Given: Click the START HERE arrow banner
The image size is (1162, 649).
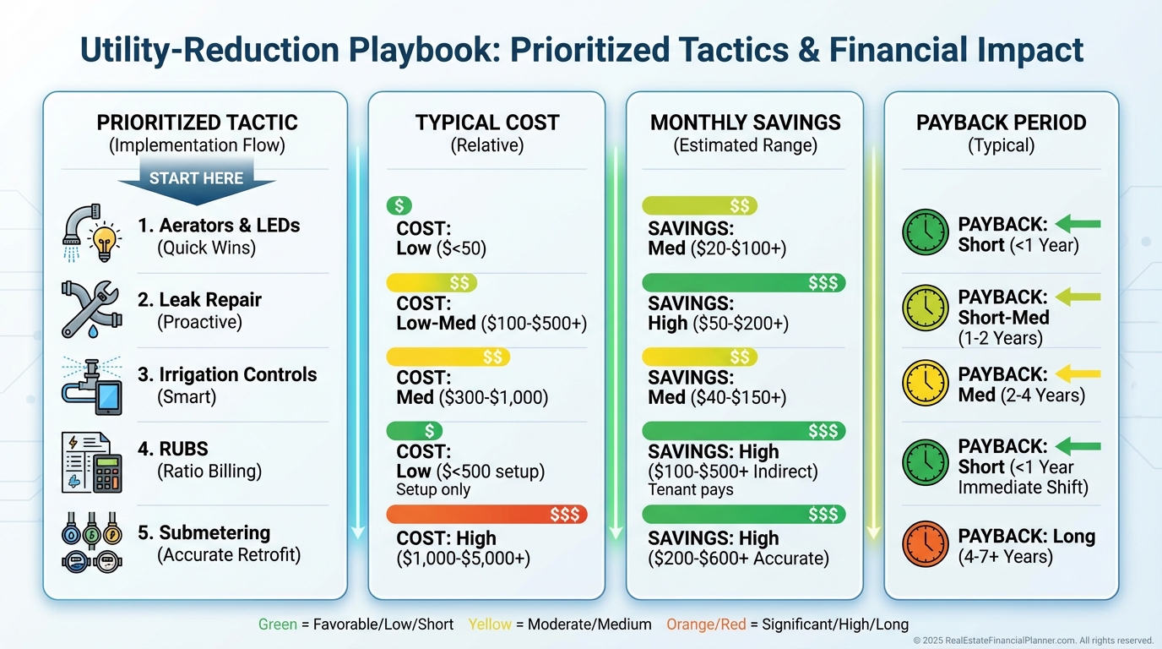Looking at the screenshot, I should (x=196, y=180).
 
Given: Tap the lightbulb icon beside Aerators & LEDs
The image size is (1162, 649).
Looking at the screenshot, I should (x=105, y=242).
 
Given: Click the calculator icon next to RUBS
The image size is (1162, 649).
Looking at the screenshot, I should (x=106, y=472).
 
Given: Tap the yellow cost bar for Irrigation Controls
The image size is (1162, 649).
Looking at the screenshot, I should (x=448, y=357).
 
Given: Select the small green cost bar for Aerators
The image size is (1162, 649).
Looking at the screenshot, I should (x=399, y=205).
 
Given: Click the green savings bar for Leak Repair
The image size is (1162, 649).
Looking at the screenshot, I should (x=743, y=283).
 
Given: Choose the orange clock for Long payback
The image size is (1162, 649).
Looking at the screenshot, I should (x=926, y=544).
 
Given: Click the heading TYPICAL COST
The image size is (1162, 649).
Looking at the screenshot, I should (x=486, y=123).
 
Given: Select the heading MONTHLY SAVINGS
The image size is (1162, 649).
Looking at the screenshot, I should (x=745, y=123).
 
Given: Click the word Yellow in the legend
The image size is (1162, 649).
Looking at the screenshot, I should (x=489, y=624).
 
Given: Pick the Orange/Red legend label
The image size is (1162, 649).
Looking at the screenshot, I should (x=706, y=624).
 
